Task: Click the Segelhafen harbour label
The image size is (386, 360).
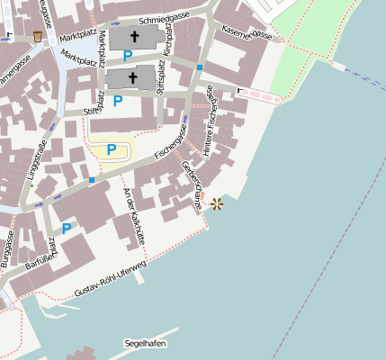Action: coord(146,343)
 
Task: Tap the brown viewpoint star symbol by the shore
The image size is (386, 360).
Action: coord(216,204)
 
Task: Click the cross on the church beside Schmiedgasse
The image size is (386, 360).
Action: coord(136,38)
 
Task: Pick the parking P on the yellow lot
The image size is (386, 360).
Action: coord(112,149)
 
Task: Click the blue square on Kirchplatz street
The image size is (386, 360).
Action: coord(199,67)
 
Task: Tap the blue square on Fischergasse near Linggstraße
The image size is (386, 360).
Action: coord(91,181)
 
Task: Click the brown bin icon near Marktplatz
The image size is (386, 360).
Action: coord(37,37)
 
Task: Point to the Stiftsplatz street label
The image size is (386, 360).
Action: coord(161,89)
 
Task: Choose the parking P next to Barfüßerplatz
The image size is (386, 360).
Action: coord(67,229)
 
